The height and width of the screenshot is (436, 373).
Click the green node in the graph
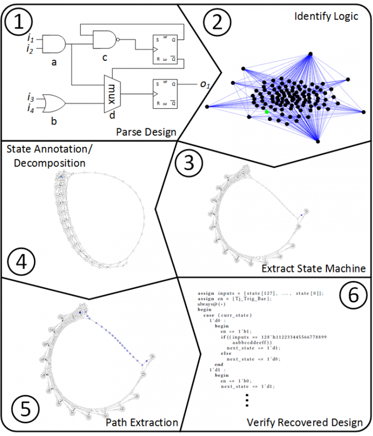click(267, 112)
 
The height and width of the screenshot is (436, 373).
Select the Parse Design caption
click(146, 132)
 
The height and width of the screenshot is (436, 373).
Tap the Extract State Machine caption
click(313, 268)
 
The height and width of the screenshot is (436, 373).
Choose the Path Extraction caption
click(142, 422)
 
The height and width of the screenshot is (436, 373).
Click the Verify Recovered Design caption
click(305, 422)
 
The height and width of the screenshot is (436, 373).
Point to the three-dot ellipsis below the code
click(247, 399)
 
